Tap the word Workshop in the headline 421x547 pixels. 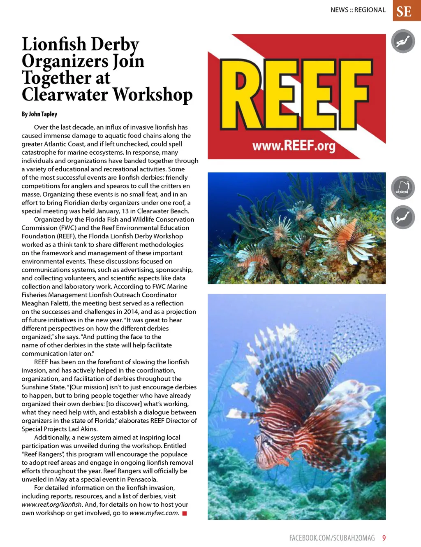[x=153, y=95]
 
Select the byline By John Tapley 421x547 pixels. [x=39, y=114]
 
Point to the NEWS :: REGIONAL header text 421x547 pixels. [x=358, y=10]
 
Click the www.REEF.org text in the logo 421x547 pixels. [x=294, y=145]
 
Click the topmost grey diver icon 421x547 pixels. [x=403, y=42]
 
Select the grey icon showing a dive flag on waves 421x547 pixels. [x=403, y=188]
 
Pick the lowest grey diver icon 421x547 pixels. [x=403, y=217]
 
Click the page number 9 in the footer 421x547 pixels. [x=384, y=538]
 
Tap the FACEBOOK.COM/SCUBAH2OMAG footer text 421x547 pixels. [x=332, y=538]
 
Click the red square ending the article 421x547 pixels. [x=185, y=513]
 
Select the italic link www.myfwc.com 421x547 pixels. [x=154, y=513]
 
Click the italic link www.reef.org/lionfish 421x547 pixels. [x=51, y=505]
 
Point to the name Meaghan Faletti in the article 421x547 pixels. [x=45, y=303]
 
